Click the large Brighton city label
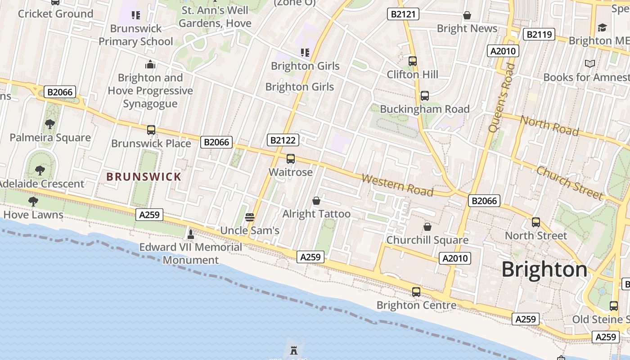pyautogui.click(x=544, y=270)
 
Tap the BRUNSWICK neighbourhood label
pyautogui.click(x=144, y=177)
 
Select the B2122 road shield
pyautogui.click(x=283, y=140)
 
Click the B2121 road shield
pyautogui.click(x=403, y=14)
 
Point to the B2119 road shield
pyautogui.click(x=539, y=34)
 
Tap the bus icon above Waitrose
pyautogui.click(x=291, y=159)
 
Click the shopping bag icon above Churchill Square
pyautogui.click(x=427, y=227)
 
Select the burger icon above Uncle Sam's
pyautogui.click(x=250, y=217)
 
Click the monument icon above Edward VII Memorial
pyautogui.click(x=190, y=234)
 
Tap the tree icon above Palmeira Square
pyautogui.click(x=50, y=124)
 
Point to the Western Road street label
pyautogui.click(x=397, y=185)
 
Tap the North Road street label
pyautogui.click(x=549, y=126)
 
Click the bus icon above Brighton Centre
pyautogui.click(x=416, y=292)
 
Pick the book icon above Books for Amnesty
pyautogui.click(x=589, y=64)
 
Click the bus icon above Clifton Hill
pyautogui.click(x=413, y=61)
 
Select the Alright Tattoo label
pyautogui.click(x=316, y=214)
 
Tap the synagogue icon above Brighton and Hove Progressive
pyautogui.click(x=150, y=65)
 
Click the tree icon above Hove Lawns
pyautogui.click(x=33, y=201)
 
